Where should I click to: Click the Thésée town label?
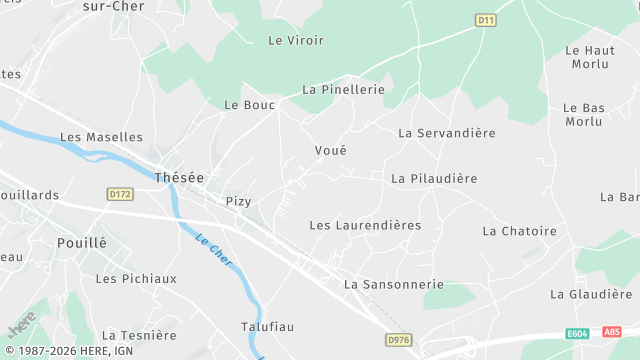pos(179,177)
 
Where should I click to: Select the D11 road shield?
pos(486,19)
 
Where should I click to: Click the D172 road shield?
pos(120,194)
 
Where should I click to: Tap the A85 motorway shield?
pos(612,332)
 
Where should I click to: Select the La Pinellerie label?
pos(343,90)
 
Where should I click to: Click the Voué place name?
pos(330,150)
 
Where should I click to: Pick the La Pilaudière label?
pos(434,178)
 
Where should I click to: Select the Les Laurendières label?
pos(365,225)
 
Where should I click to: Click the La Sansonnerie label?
pos(393,284)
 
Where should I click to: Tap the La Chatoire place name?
pos(519,231)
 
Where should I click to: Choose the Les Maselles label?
pos(101,137)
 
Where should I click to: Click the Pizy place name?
pos(238,201)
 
